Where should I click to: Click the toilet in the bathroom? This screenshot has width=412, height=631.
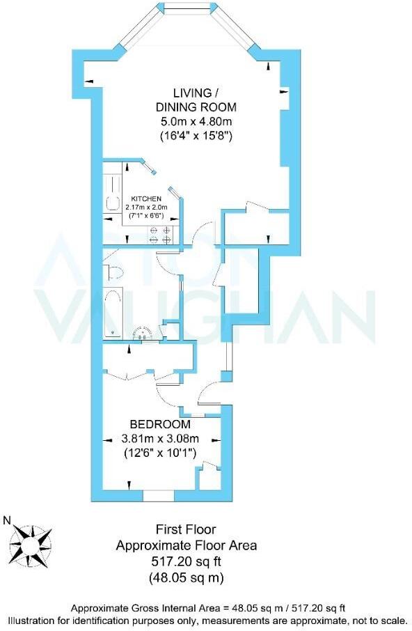(115, 271)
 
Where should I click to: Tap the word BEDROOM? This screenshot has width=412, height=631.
(161, 424)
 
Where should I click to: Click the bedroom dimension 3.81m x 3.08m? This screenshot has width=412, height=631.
(161, 439)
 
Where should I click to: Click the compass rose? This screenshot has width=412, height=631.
(31, 541)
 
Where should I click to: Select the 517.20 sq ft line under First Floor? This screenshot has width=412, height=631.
(186, 561)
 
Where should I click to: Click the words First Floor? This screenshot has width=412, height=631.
(186, 530)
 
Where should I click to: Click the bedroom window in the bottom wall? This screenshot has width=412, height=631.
(157, 495)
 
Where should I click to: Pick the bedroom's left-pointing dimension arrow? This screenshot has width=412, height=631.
(108, 440)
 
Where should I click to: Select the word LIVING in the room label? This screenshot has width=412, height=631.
(189, 93)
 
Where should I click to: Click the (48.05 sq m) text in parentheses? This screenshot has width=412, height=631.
(186, 577)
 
